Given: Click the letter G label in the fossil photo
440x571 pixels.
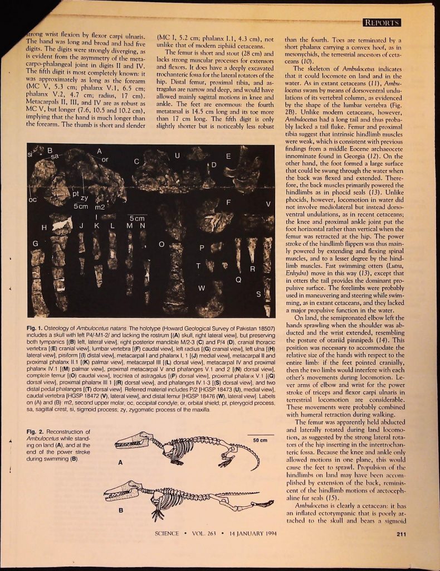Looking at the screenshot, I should (36, 243).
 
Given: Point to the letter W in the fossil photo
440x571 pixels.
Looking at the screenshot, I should (202, 288).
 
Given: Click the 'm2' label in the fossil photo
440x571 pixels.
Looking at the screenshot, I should (101, 206).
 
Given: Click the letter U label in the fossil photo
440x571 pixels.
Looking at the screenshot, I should (177, 155).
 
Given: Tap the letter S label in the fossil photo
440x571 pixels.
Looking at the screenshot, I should (258, 293).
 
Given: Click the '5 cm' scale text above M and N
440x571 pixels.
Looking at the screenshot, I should (136, 218).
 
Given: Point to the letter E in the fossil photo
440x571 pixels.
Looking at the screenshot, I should (228, 156).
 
